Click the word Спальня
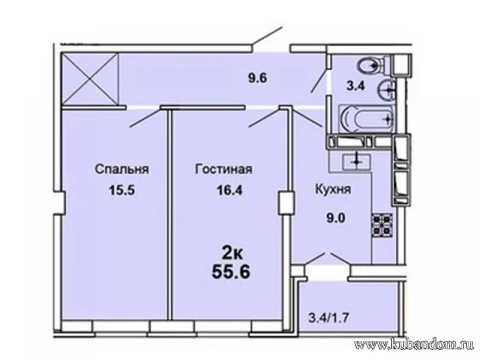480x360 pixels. (121, 169)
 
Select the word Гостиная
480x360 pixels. (223, 169)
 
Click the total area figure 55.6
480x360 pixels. (231, 272)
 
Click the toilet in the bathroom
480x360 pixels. (371, 64)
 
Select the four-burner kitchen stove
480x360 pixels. (382, 224)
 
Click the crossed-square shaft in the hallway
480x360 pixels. (90, 78)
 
